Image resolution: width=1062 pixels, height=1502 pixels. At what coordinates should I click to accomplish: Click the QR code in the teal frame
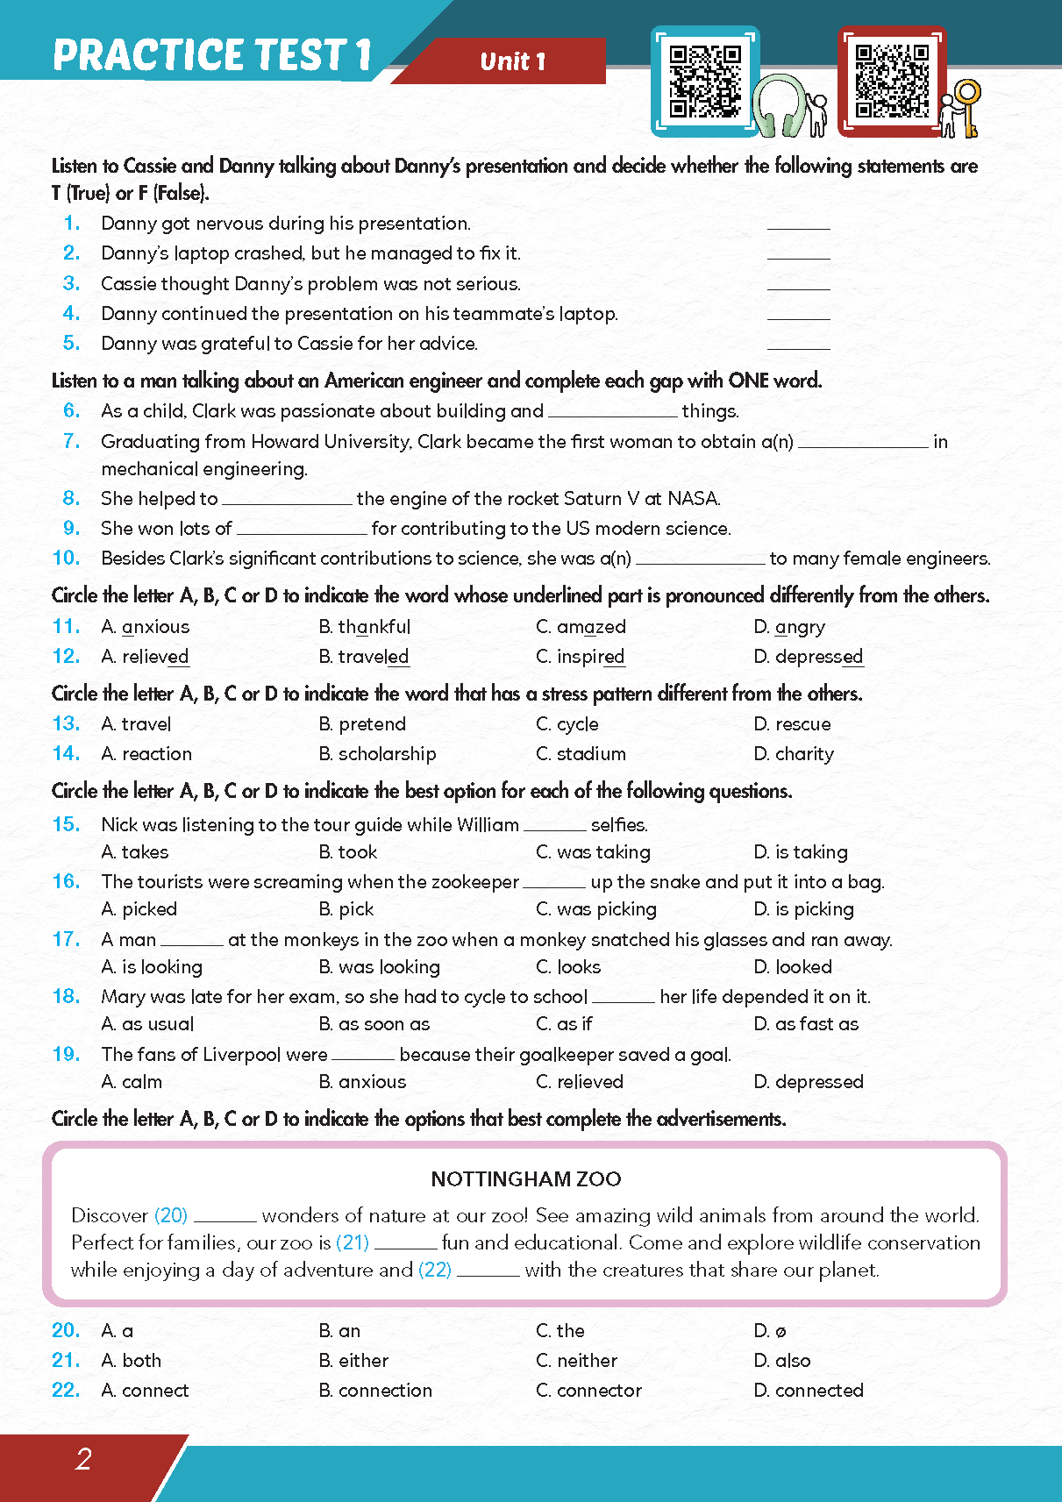704,81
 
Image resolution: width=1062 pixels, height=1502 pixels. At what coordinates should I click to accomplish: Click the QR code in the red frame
891,81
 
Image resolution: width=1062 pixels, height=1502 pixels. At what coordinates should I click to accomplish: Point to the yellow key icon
968,105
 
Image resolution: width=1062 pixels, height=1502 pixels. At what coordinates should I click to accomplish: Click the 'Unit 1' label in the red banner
513,61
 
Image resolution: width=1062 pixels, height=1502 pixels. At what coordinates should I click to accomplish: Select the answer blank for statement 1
798,224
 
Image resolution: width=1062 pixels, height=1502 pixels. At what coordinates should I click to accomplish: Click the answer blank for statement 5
798,344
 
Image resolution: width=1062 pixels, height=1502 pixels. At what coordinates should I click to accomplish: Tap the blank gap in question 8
287,500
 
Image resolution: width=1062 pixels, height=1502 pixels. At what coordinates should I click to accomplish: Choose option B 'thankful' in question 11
365,627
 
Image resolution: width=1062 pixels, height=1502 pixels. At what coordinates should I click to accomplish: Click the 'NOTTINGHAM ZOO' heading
526,1179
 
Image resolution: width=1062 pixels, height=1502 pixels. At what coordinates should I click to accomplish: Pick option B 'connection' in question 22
376,1391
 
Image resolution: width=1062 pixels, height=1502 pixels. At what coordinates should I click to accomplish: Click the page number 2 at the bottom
83,1459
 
